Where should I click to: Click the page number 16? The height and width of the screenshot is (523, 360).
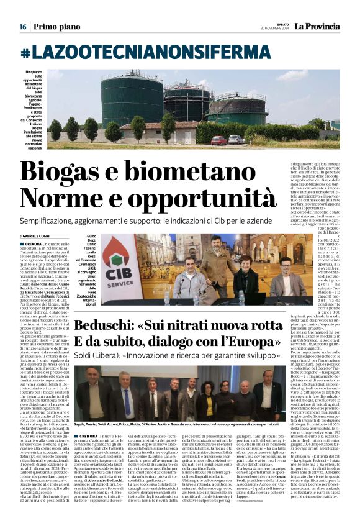click(x=22, y=27)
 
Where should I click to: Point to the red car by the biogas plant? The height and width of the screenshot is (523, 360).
click(x=218, y=140)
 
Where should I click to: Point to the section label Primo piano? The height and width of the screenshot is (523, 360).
click(x=56, y=27)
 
